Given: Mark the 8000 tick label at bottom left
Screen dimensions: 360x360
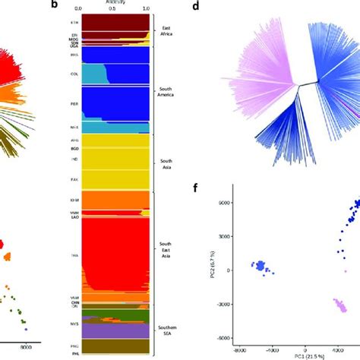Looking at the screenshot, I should tap(26, 347).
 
